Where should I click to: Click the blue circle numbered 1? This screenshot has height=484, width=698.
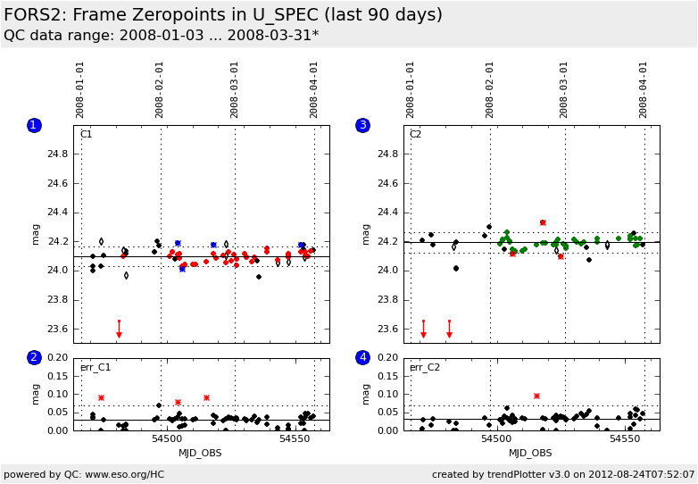point(34,125)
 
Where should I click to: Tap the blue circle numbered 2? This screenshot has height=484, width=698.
point(34,357)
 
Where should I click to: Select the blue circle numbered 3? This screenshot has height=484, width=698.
point(362,125)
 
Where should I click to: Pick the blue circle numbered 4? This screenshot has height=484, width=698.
point(362,357)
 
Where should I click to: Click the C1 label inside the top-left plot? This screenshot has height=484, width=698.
point(87,135)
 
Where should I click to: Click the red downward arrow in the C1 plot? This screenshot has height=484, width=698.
point(119,332)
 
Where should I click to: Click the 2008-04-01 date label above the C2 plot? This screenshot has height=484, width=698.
point(644,89)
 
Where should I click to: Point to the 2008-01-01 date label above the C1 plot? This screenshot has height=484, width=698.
point(80,89)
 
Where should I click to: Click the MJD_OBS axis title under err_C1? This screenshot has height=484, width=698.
point(200,453)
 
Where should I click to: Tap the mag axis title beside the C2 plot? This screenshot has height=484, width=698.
point(366,234)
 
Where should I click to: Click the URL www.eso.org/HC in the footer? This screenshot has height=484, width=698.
point(124,474)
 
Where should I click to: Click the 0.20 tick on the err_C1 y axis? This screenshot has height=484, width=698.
point(56,357)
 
